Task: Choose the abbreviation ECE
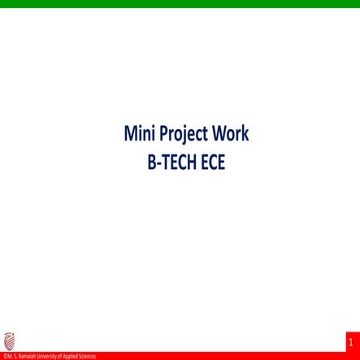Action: (211, 161)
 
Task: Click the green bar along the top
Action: (180, 4)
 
